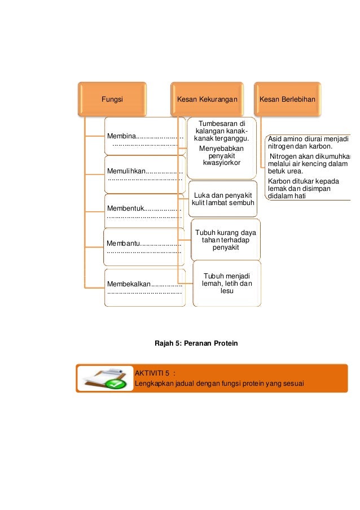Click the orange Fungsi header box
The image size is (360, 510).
pyautogui.click(x=112, y=99)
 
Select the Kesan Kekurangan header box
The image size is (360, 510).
pyautogui.click(x=207, y=99)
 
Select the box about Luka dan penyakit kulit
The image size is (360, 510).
pyautogui.click(x=222, y=199)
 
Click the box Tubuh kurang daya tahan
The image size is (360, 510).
pyautogui.click(x=225, y=240)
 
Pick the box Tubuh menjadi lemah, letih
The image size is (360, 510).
pyautogui.click(x=227, y=283)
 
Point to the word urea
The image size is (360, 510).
pyautogui.click(x=295, y=172)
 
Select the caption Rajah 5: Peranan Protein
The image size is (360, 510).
pyautogui.click(x=196, y=343)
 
